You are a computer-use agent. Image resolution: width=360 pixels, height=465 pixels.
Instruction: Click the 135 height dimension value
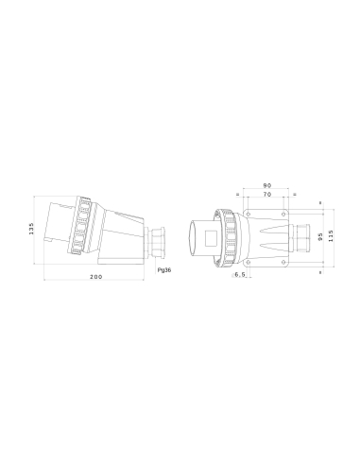pyautogui.click(x=31, y=231)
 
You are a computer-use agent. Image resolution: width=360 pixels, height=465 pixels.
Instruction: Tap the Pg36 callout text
pyautogui.click(x=163, y=268)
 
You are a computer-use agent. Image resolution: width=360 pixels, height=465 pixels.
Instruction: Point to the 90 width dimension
pyautogui.click(x=266, y=185)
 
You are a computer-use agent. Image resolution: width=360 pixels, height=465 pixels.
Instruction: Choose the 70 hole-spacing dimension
pyautogui.click(x=266, y=196)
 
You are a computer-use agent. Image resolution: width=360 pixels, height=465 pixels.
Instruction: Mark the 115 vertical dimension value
pyautogui.click(x=331, y=231)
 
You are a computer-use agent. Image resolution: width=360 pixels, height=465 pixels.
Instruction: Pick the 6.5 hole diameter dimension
pyautogui.click(x=240, y=274)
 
